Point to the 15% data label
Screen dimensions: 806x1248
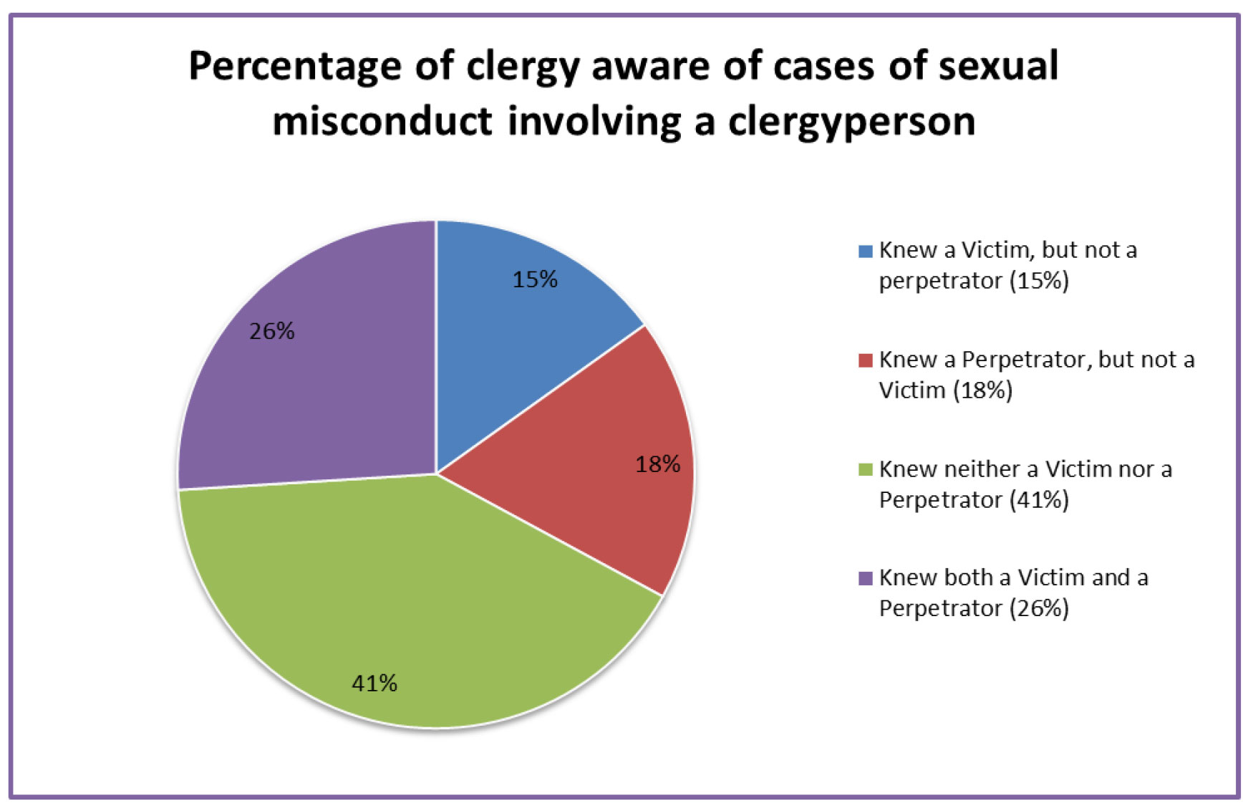pos(535,279)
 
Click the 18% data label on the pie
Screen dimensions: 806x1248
pos(657,464)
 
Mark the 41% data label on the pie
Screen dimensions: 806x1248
pos(374,683)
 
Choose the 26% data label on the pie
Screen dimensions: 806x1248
pos(272,331)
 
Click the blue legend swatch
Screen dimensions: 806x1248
pos(865,251)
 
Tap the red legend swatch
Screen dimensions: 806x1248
pos(865,360)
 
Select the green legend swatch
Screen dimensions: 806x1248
pos(865,470)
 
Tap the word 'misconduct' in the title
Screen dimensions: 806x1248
pos(382,120)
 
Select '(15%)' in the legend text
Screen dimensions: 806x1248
pos(1039,281)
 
